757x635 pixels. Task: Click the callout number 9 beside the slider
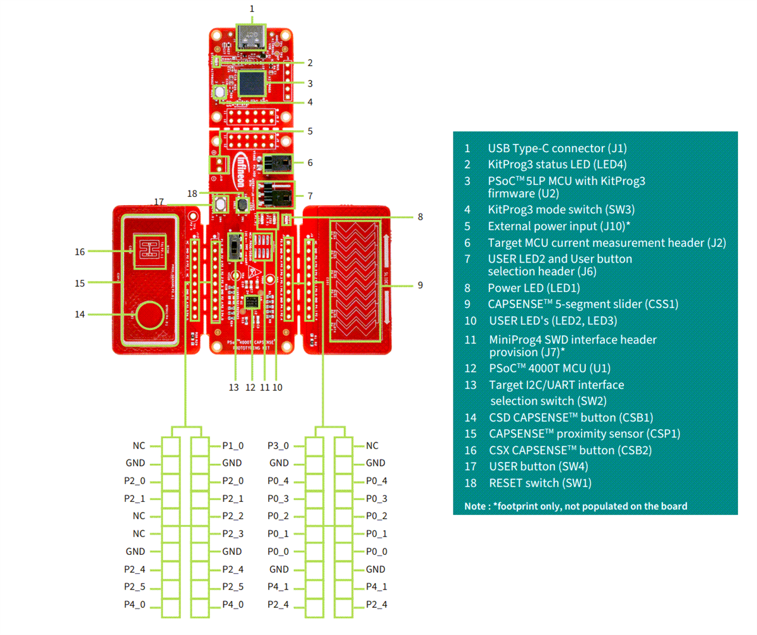(x=420, y=285)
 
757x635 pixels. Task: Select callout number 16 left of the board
(x=79, y=251)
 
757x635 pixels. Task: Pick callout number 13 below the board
(x=234, y=387)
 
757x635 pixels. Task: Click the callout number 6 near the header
(x=310, y=162)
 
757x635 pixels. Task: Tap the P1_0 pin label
(x=233, y=446)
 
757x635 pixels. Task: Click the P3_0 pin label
(x=278, y=446)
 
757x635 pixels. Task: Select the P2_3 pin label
(x=233, y=533)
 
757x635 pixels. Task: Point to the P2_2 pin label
(x=233, y=516)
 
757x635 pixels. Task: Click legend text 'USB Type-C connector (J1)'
(x=557, y=149)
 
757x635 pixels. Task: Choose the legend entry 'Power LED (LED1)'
(x=534, y=288)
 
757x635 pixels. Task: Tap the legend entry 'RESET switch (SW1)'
(x=540, y=483)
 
